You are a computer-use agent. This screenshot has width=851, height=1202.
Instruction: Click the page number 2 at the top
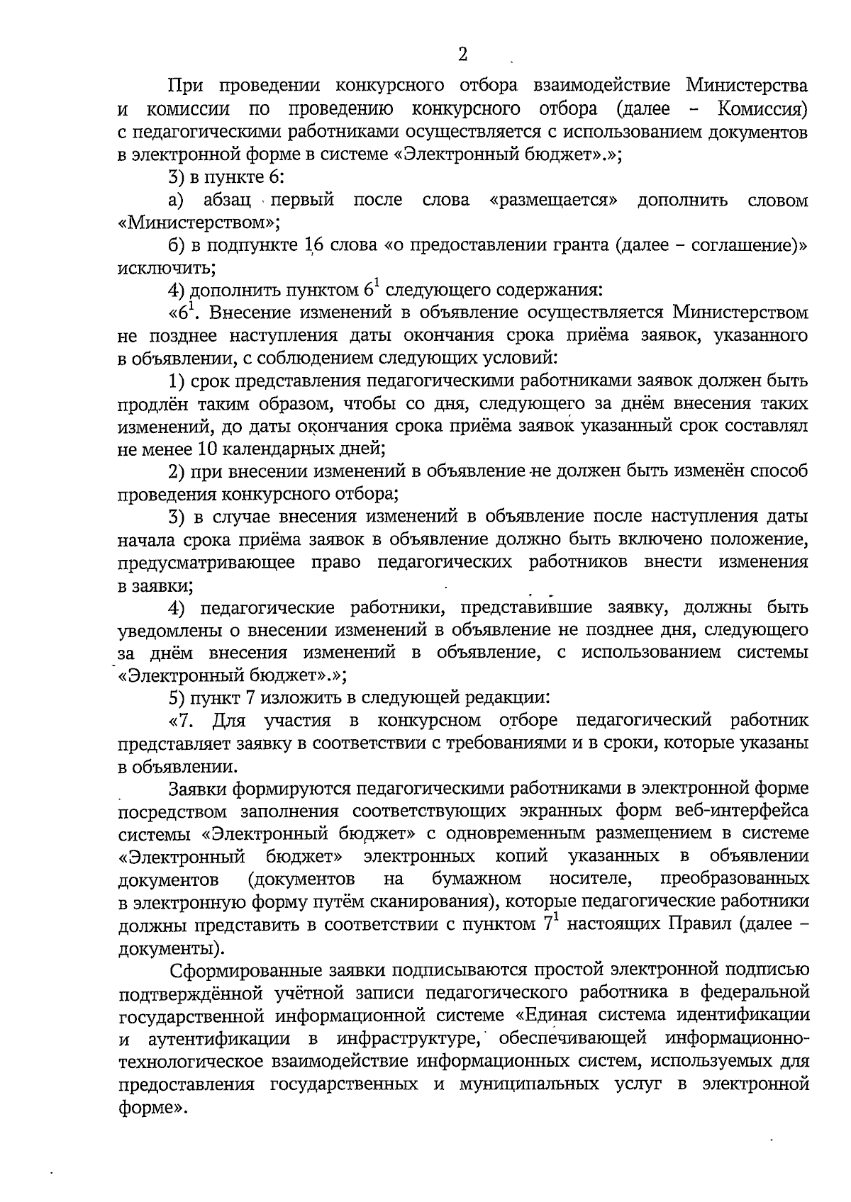coord(462,55)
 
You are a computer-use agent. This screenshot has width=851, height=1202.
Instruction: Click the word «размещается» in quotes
coord(553,201)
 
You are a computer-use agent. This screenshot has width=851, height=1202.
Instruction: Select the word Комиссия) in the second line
coord(763,110)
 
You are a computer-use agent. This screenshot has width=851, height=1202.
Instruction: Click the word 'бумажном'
coord(477,879)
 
